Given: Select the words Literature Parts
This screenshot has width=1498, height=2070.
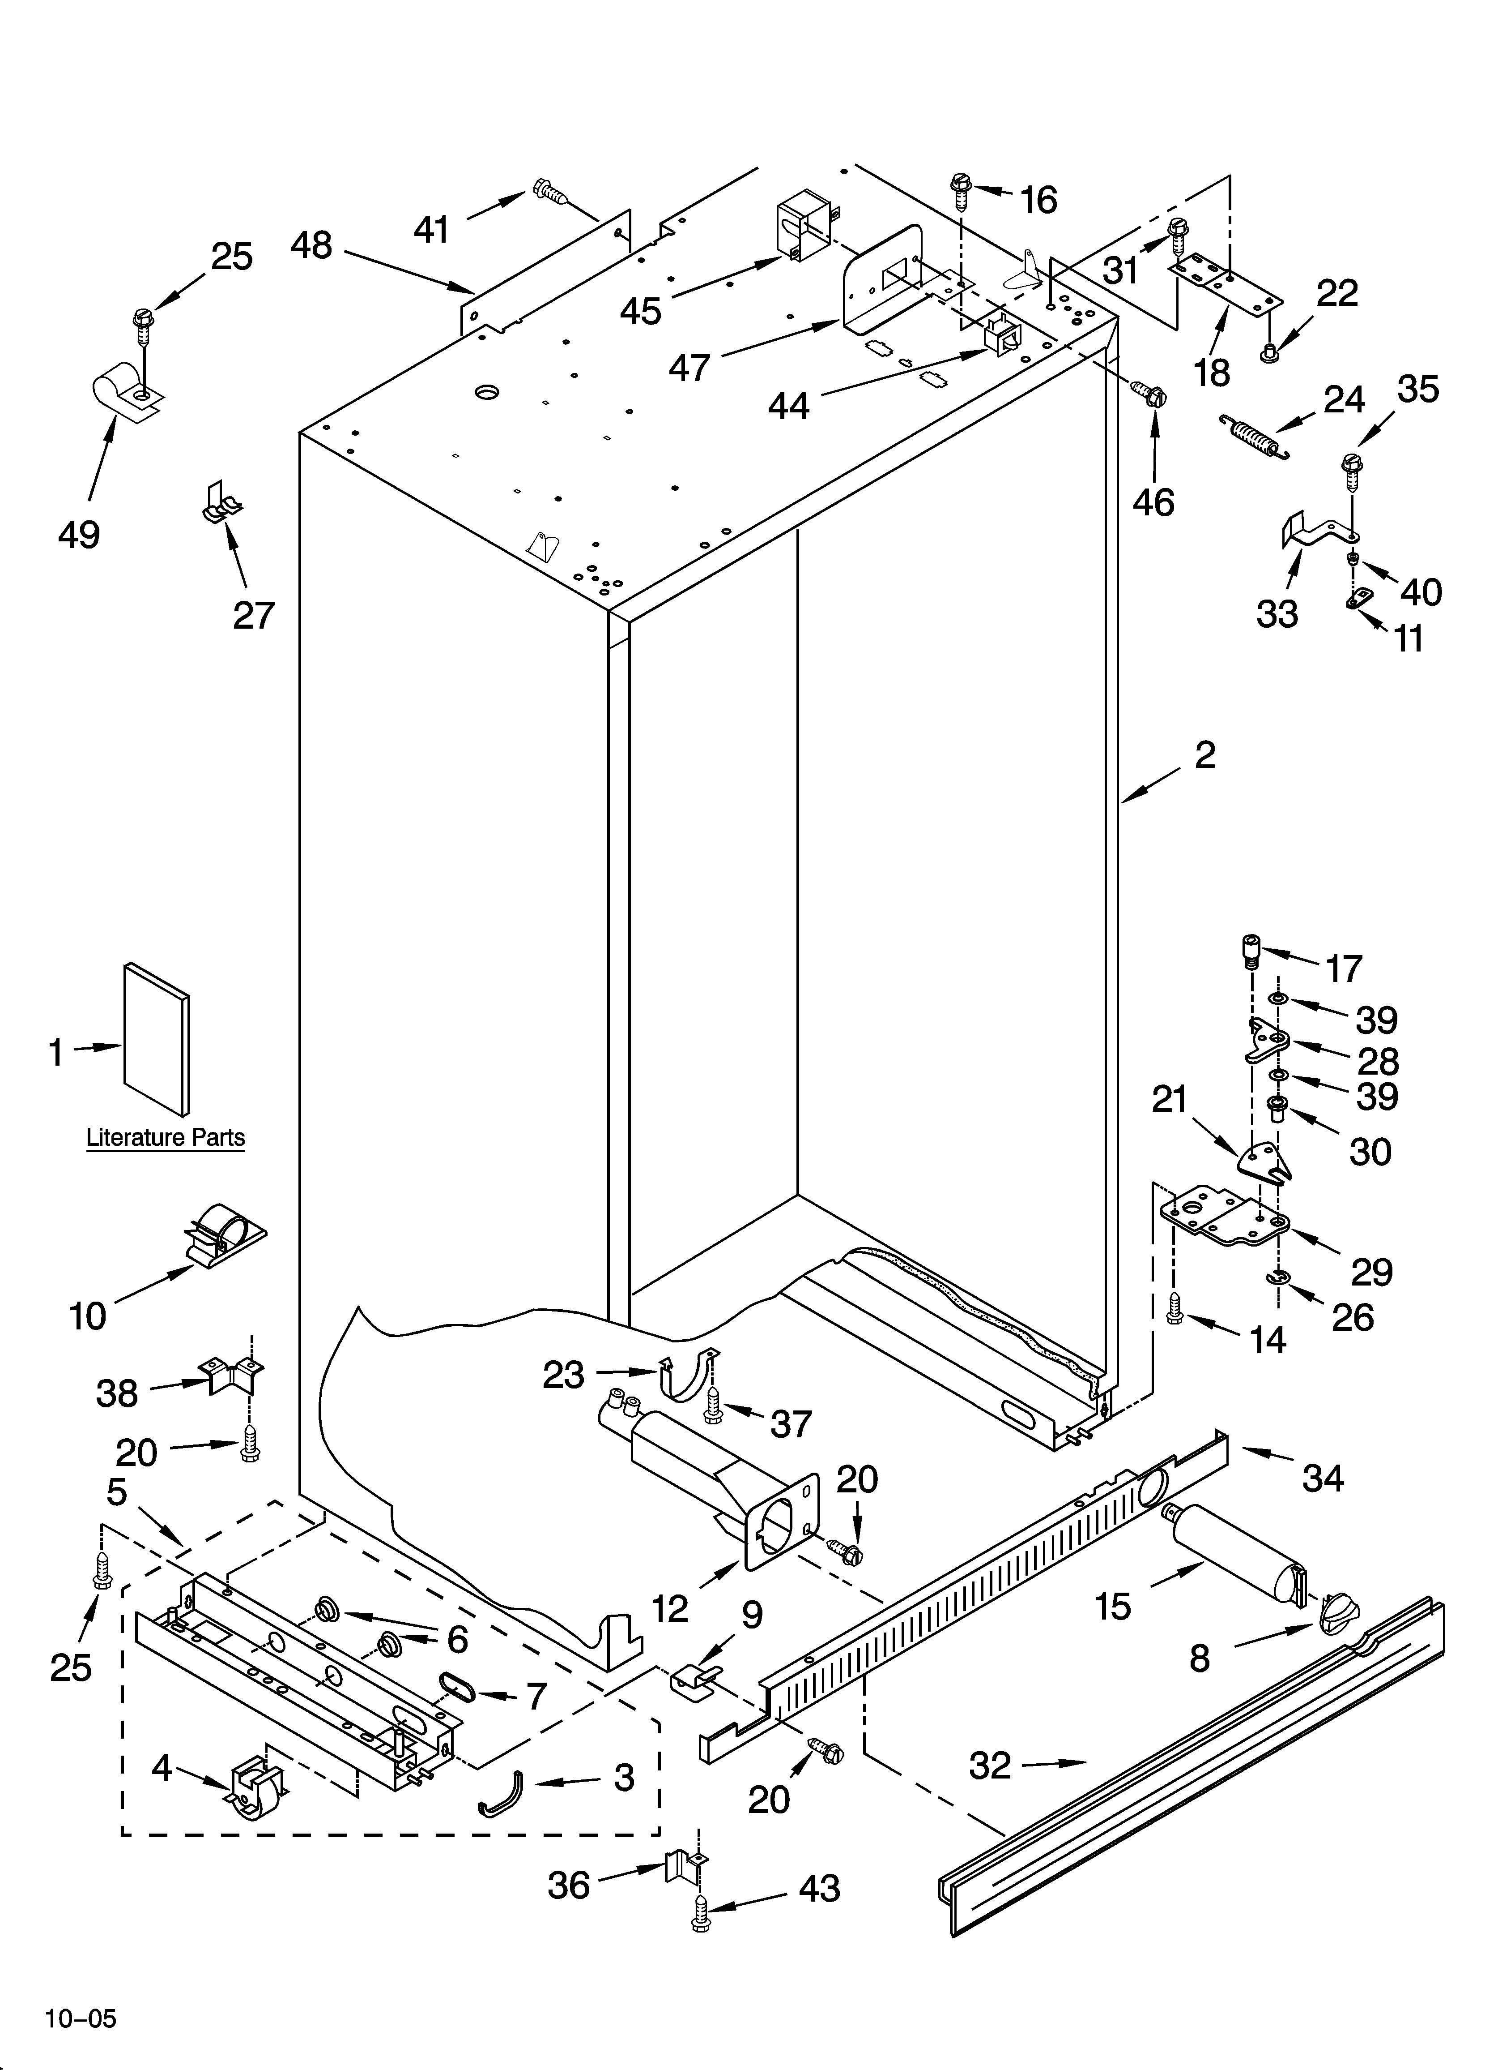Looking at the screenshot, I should tap(165, 1138).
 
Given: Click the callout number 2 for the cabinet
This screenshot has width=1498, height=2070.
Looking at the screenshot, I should tap(1204, 755).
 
